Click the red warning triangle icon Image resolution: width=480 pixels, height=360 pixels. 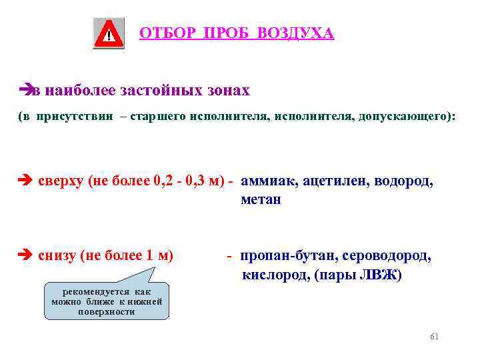(x=109, y=33)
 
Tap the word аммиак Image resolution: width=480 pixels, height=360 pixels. (x=269, y=181)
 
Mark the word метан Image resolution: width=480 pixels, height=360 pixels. (x=261, y=199)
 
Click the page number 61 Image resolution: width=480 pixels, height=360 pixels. (x=435, y=337)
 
